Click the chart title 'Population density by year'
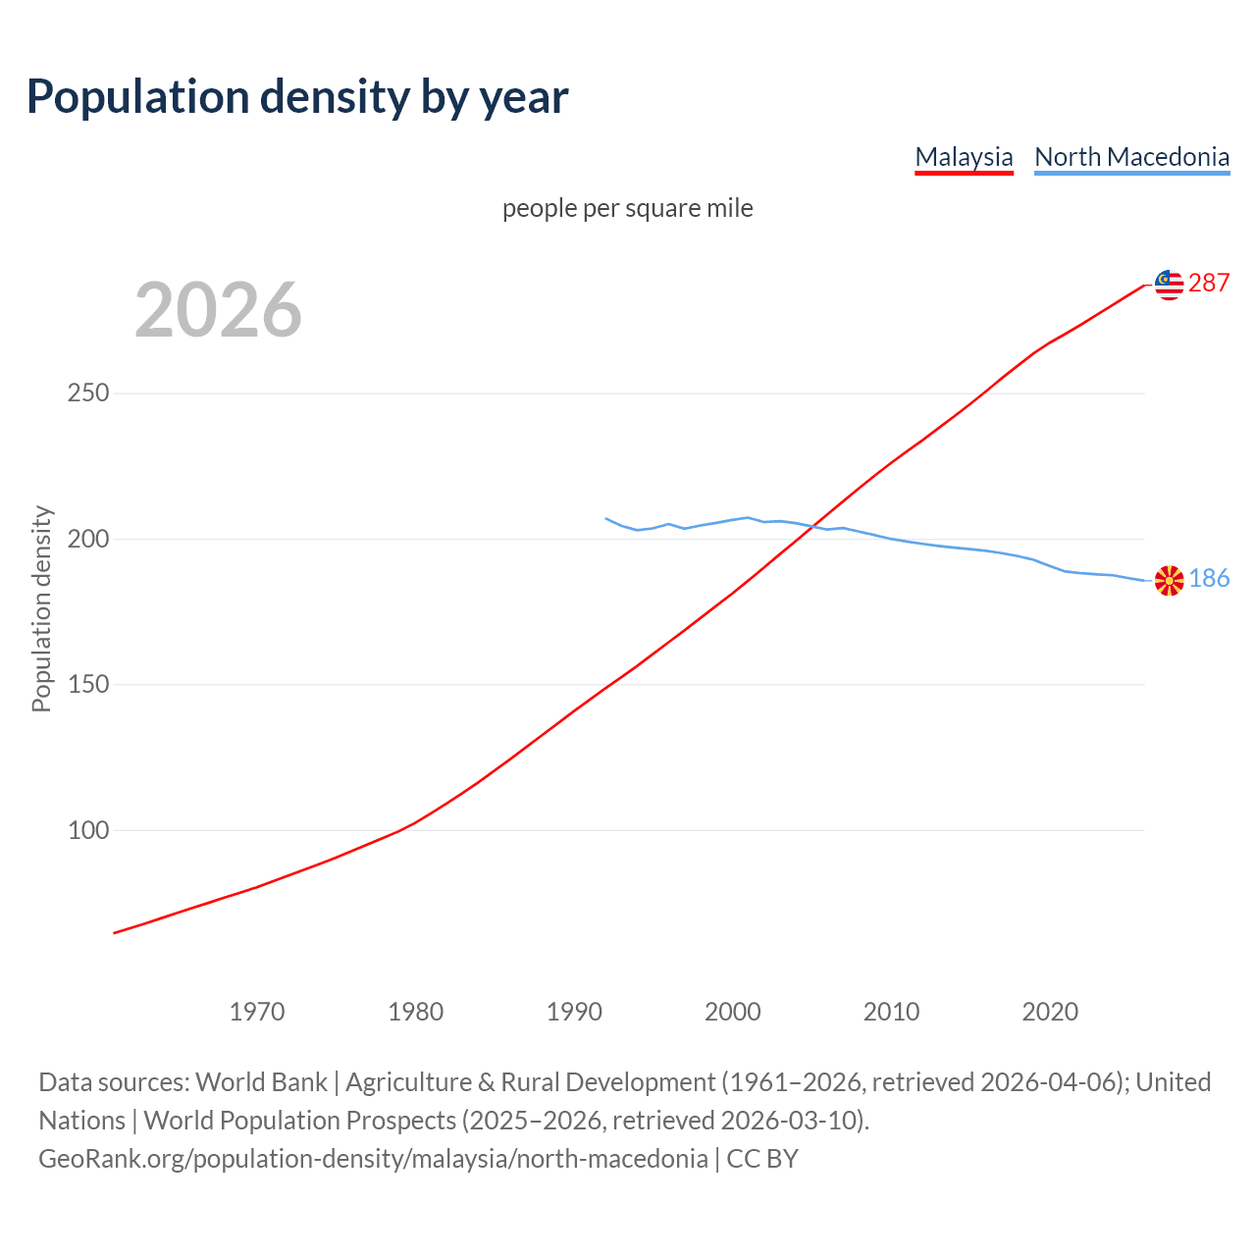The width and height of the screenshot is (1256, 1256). click(x=297, y=96)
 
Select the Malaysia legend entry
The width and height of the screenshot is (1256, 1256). click(x=964, y=157)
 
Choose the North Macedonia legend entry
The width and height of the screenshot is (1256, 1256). click(x=1131, y=157)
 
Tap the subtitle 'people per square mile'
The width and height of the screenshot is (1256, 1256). click(x=627, y=208)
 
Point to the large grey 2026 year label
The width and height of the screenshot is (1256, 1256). click(x=218, y=310)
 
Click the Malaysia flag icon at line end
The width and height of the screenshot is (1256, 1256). click(x=1169, y=285)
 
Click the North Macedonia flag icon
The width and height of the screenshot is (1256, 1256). click(x=1169, y=580)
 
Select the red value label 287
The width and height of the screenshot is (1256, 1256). click(x=1209, y=284)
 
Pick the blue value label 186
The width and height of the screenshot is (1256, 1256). click(x=1209, y=579)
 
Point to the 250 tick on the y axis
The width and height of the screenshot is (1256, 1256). click(x=87, y=393)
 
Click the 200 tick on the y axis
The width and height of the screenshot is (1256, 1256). click(x=87, y=539)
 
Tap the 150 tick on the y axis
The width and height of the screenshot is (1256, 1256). click(x=87, y=685)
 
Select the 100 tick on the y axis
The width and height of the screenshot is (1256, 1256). click(x=87, y=830)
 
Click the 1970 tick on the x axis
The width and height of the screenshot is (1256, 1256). click(x=257, y=1012)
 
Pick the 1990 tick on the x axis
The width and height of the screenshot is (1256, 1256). click(x=574, y=1012)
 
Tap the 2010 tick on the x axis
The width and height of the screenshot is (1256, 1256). click(x=891, y=1012)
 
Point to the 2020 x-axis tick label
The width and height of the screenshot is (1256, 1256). click(x=1050, y=1012)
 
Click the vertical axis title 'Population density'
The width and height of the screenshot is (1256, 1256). click(x=41, y=608)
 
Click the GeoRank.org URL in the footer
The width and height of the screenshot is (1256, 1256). click(x=373, y=1159)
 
